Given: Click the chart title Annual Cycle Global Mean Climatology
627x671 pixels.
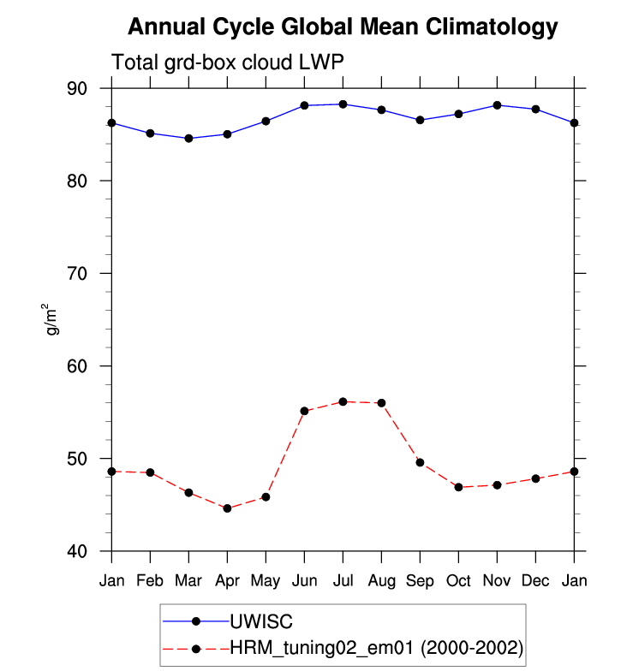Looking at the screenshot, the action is [x=343, y=27].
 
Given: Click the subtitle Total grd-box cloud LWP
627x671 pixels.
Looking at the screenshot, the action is [x=228, y=62].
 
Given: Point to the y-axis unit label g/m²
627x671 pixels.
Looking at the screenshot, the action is [x=51, y=319].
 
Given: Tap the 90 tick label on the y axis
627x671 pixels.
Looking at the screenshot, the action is [x=77, y=89].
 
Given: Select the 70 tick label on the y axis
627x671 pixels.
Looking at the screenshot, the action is [x=77, y=274].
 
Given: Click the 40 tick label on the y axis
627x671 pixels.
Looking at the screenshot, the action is [x=77, y=551].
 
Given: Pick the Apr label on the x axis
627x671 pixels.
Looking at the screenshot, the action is [x=228, y=581].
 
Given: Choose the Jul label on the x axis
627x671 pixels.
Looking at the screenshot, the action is [x=343, y=580].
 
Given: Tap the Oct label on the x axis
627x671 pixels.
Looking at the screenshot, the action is [x=458, y=580].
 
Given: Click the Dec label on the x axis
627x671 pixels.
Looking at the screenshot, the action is [x=535, y=580].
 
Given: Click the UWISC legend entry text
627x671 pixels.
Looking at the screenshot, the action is [x=261, y=621].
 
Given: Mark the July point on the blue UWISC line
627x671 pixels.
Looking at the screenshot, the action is [x=343, y=104].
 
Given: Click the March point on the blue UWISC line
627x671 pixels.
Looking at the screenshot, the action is [x=188, y=139].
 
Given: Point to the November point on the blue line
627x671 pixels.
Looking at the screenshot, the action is [x=497, y=105].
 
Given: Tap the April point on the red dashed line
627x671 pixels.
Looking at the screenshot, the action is [x=228, y=508].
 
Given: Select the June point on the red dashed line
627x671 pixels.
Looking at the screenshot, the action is [x=305, y=411].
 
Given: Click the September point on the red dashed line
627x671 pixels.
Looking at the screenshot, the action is [x=420, y=462].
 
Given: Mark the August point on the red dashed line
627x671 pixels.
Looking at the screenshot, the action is [x=382, y=403].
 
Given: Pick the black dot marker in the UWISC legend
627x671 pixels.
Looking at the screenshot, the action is [x=196, y=621].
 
